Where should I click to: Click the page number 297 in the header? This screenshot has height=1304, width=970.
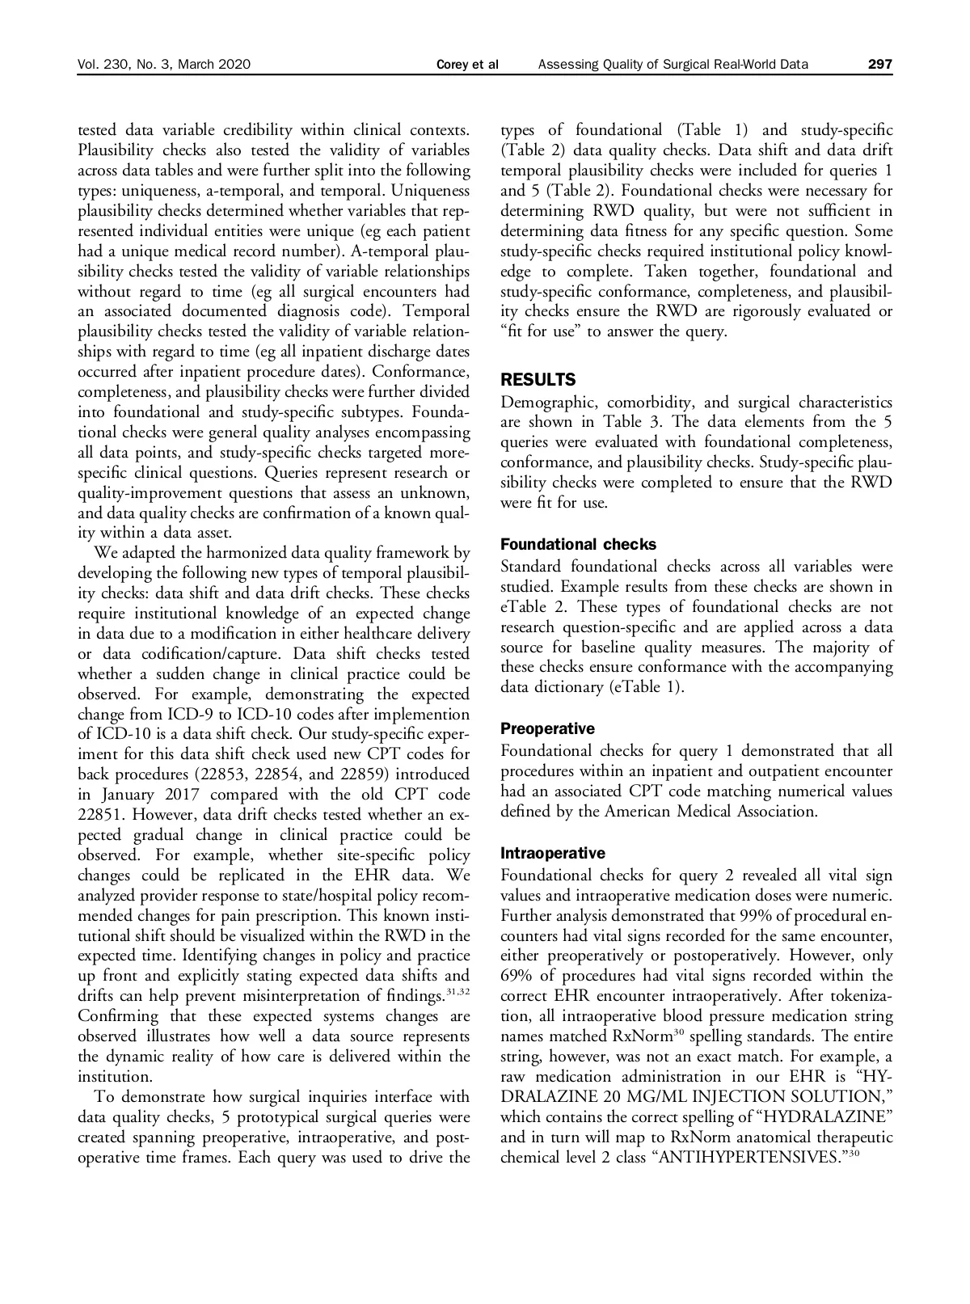(x=880, y=65)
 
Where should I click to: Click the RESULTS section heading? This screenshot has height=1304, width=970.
(x=538, y=380)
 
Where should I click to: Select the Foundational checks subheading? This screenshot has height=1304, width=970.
(x=578, y=544)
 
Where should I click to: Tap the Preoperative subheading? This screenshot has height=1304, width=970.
(x=547, y=728)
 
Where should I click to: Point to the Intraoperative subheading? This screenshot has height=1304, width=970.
(x=553, y=853)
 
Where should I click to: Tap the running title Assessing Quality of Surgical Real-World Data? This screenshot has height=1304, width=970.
(x=673, y=65)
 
